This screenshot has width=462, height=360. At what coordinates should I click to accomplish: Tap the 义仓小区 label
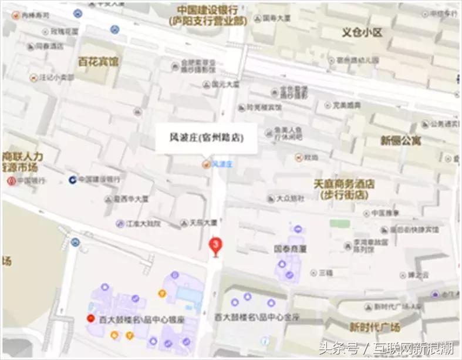click(362, 32)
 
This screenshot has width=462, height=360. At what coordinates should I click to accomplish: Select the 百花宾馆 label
click(97, 61)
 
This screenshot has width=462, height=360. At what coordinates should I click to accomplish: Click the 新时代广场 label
click(375, 327)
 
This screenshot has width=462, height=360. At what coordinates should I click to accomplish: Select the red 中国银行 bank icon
click(11, 180)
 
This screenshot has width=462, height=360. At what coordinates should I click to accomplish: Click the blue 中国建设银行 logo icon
click(72, 179)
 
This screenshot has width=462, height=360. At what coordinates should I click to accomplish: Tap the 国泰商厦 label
click(291, 248)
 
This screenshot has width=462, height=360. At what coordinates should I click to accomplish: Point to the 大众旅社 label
click(290, 198)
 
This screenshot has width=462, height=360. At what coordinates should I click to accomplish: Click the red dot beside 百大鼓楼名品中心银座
click(90, 319)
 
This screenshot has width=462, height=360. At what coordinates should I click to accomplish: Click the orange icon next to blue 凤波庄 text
click(205, 164)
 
